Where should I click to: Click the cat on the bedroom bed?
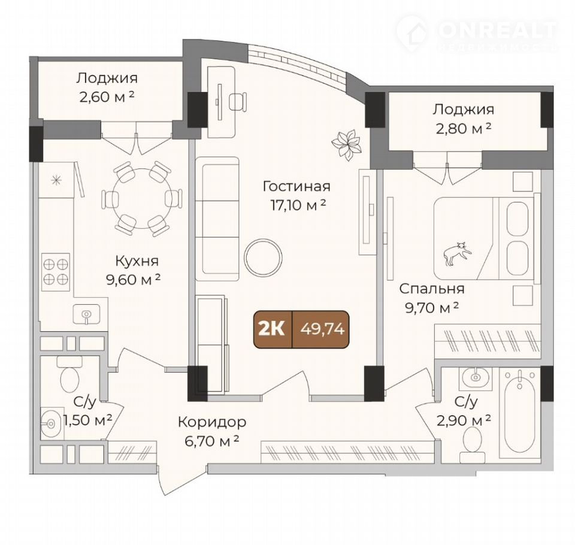pos(456,253)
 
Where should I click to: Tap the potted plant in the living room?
pos(346,144)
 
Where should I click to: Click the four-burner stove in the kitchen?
pos(56,272)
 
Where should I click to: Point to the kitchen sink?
pos(86,314)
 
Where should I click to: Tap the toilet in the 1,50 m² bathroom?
pos(69,375)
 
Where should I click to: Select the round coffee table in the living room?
pos(264,258)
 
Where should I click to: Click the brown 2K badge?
pos(273,329)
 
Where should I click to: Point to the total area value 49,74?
pos(322,329)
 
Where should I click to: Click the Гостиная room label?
pos(296,186)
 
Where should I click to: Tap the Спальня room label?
pos(432,289)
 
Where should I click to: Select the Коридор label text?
pos(212,422)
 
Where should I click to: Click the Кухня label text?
pos(137,261)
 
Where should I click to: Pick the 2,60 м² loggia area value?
pos(107,97)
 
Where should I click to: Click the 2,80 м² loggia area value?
pos(464,128)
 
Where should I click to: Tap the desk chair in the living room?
pos(238,101)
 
